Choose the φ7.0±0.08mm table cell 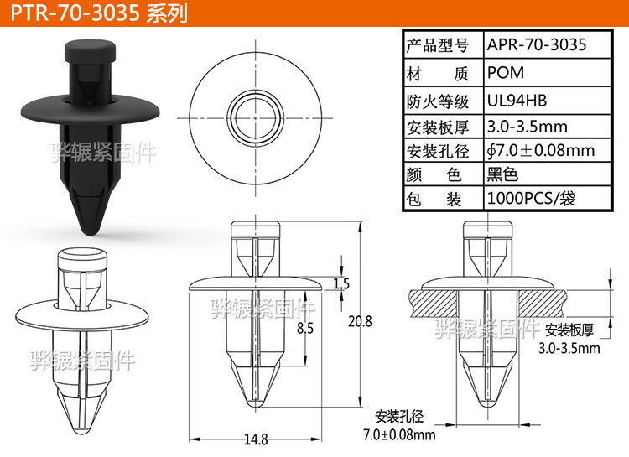[x=541, y=151]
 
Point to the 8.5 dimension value [x=305, y=330]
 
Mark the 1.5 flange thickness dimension [x=340, y=284]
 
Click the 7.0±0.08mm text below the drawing [x=399, y=434]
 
